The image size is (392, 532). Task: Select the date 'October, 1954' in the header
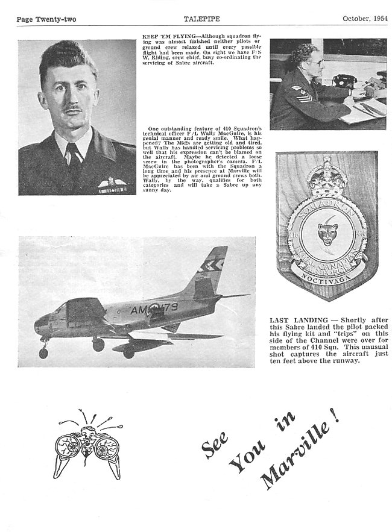pyautogui.click(x=364, y=19)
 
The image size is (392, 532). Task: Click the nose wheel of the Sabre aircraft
pyautogui.click(x=43, y=352)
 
